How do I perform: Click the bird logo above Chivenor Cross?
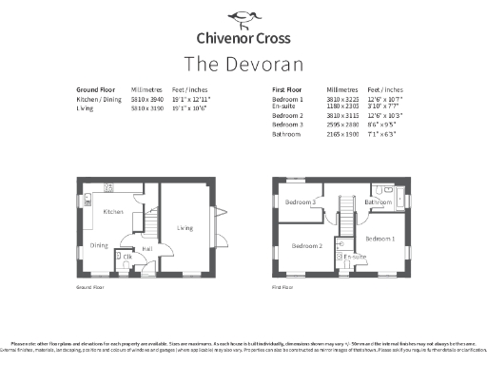[243, 16]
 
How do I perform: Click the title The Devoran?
[243, 64]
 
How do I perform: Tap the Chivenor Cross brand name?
[243, 39]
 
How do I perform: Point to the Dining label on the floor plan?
[100, 245]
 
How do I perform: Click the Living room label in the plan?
[185, 228]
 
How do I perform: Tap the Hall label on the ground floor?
[148, 249]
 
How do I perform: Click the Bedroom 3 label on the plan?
[302, 202]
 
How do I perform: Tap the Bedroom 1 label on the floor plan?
[380, 238]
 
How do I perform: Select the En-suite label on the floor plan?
[356, 257]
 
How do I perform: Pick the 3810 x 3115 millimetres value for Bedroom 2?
[341, 114]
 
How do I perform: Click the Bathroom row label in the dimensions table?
[286, 135]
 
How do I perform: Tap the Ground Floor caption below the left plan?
[88, 285]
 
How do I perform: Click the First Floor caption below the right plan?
[282, 285]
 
